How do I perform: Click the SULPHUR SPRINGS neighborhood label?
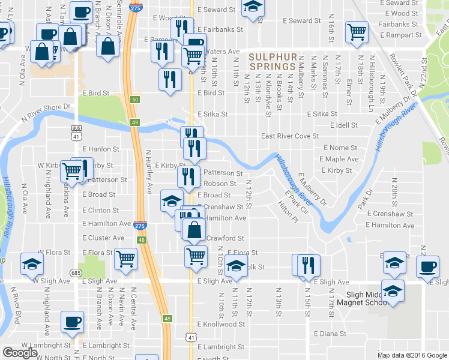(271, 61)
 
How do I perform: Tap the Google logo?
(20, 353)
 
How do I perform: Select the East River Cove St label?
(289, 136)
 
